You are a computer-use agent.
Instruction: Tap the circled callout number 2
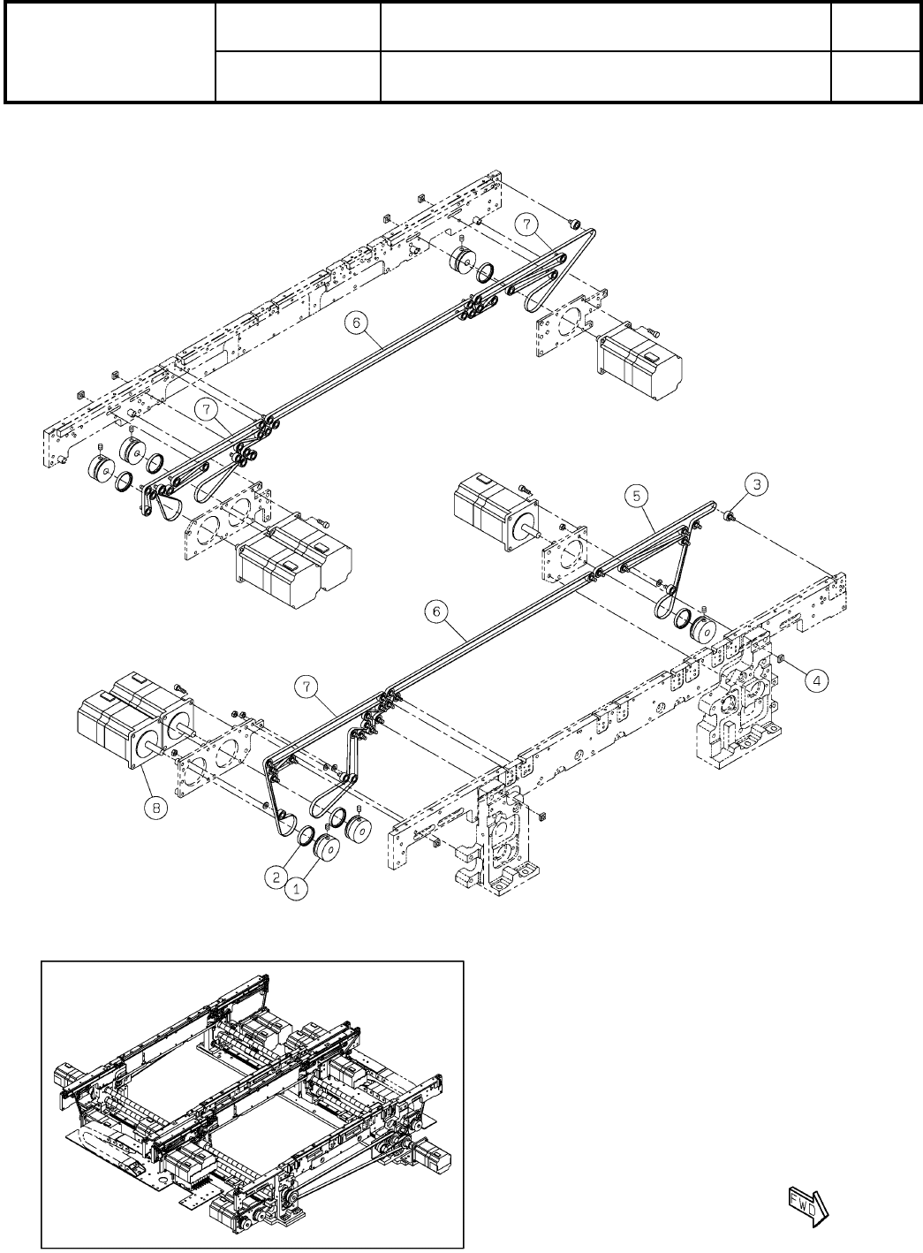tap(276, 877)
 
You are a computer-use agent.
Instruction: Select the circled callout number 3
tap(755, 483)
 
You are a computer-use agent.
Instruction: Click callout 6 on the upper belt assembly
tap(355, 323)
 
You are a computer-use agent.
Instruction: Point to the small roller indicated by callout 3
tap(730, 515)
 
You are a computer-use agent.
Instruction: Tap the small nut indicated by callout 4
tap(783, 658)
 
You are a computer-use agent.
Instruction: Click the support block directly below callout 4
tap(738, 707)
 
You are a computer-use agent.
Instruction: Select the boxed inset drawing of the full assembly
tap(253, 1104)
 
